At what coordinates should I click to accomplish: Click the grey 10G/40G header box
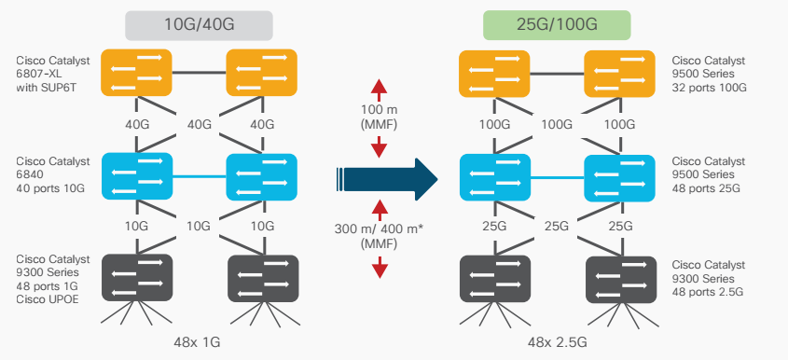(x=199, y=25)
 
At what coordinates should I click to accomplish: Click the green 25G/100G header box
(x=557, y=25)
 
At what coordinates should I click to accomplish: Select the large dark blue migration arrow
(x=386, y=179)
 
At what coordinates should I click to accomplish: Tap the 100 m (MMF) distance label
(x=379, y=117)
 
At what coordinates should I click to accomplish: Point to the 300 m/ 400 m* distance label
(x=379, y=236)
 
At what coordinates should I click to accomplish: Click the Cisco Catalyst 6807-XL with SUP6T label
(x=53, y=74)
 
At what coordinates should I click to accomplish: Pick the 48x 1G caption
(x=197, y=342)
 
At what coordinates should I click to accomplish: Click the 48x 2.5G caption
(x=557, y=343)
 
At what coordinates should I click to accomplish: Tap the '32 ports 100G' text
(x=709, y=88)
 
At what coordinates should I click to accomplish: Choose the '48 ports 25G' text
(x=706, y=188)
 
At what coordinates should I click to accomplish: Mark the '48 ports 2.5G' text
(x=708, y=292)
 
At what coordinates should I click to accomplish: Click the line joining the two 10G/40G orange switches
(x=199, y=73)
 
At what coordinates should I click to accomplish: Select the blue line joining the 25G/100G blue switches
(x=557, y=177)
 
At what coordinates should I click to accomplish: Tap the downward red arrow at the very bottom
(x=380, y=267)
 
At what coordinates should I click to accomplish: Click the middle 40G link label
(x=199, y=124)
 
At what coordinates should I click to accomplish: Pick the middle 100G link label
(x=557, y=124)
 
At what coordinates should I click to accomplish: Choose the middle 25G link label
(x=557, y=227)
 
